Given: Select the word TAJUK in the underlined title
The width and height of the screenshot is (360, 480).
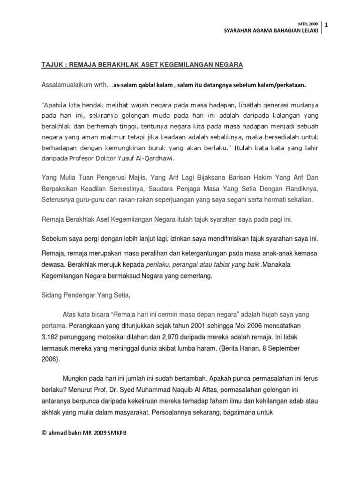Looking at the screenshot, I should (x=52, y=64).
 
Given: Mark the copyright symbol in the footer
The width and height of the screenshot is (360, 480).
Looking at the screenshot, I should (x=45, y=433).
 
